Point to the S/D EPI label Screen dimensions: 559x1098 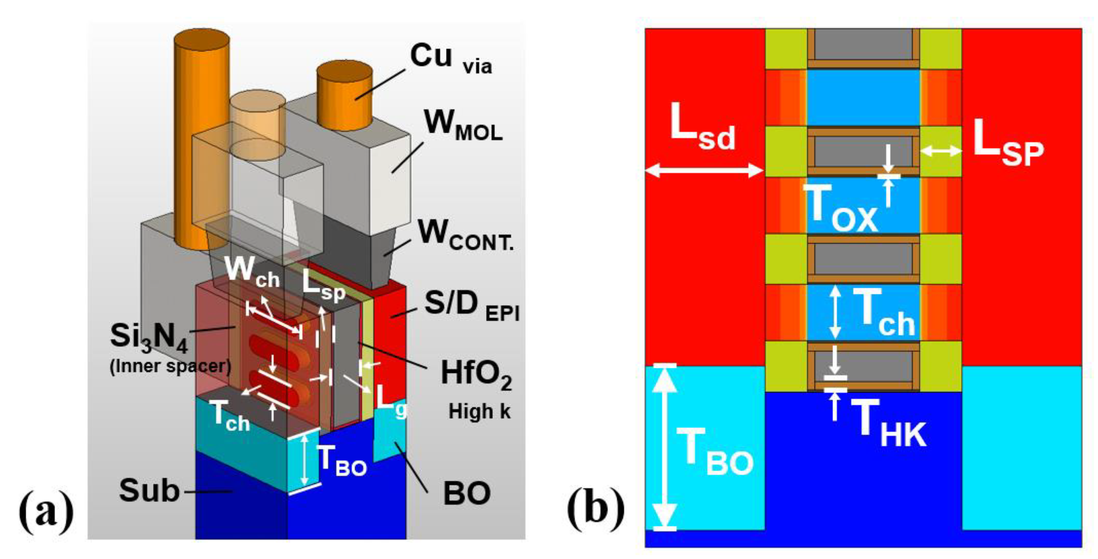click(x=471, y=305)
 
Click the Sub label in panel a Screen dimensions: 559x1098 click(x=149, y=491)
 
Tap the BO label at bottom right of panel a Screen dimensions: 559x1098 click(x=466, y=494)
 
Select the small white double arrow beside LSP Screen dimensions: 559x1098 click(x=941, y=151)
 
